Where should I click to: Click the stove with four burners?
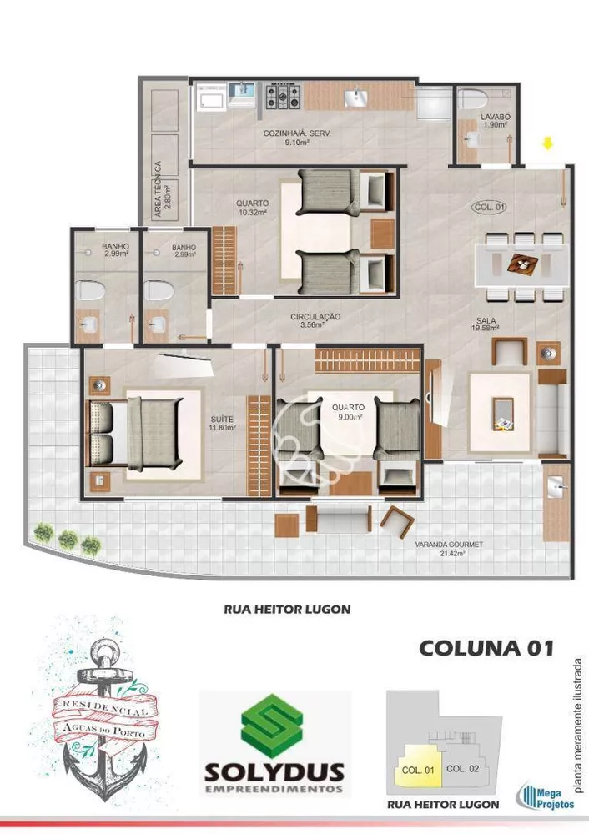283,98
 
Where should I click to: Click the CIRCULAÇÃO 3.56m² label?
315,320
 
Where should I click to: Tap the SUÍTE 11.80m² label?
224,423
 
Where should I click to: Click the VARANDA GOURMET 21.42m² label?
450,550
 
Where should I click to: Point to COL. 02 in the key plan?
461,768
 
